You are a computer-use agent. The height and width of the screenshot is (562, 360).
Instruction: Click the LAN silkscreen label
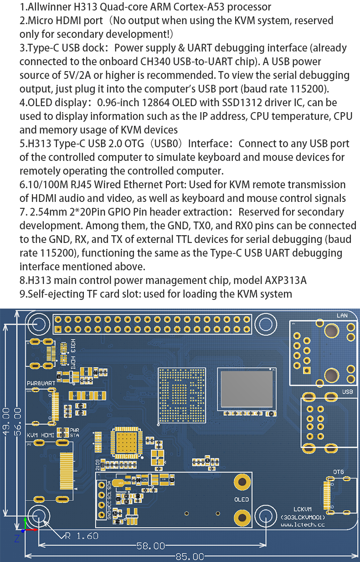[342, 315]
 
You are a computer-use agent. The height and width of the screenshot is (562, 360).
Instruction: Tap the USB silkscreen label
[347, 392]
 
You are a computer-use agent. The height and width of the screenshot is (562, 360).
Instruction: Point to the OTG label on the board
[339, 472]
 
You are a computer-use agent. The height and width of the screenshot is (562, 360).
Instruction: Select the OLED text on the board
[242, 500]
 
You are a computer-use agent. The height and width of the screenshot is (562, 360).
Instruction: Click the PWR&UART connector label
[41, 383]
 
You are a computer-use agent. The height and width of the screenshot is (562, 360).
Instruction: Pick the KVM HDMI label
[41, 435]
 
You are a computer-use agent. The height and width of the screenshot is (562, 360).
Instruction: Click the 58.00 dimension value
[150, 546]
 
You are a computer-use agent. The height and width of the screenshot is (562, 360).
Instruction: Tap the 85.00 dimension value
[190, 557]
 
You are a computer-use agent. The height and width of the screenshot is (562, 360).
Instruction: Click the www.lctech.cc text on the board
[309, 525]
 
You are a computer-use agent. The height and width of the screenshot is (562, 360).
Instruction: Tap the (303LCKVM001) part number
[309, 517]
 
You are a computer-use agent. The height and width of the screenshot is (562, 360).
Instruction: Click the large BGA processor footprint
[180, 392]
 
